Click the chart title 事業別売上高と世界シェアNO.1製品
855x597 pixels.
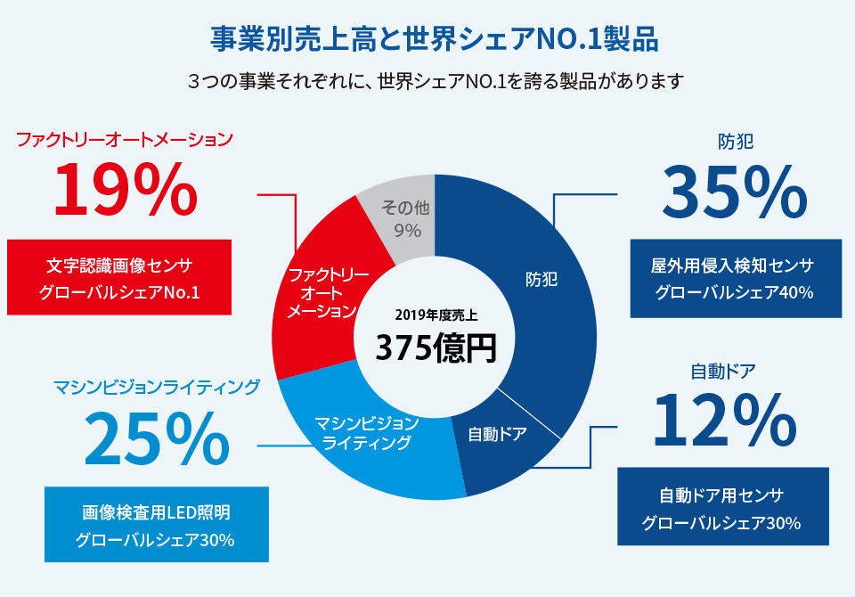(x=434, y=40)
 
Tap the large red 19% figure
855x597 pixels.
(x=125, y=190)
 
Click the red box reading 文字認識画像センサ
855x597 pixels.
(x=119, y=277)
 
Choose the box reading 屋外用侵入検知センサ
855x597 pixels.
(x=734, y=279)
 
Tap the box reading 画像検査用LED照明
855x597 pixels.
(x=156, y=525)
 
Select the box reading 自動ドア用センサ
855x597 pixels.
(x=722, y=506)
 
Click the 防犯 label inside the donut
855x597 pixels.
(x=541, y=279)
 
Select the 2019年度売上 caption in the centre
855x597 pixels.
(x=435, y=315)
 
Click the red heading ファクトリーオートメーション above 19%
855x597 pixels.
(x=125, y=140)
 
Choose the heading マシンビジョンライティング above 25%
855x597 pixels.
(x=157, y=387)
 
